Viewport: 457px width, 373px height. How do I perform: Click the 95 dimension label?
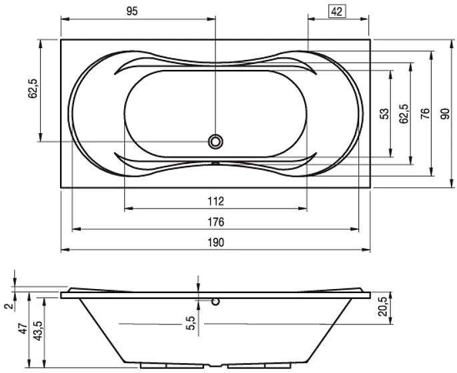tap(131, 11)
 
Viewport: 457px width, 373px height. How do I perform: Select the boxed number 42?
tap(337, 12)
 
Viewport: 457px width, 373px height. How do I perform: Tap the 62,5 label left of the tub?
tap(33, 89)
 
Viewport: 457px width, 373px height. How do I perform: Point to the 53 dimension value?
tap(385, 113)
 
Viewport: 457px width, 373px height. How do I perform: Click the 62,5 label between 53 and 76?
tap(404, 114)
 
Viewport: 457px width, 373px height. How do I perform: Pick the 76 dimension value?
tap(425, 113)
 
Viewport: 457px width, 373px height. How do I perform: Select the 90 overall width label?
tap(445, 113)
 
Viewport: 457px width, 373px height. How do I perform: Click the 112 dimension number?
tap(215, 201)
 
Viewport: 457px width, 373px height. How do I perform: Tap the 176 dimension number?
tap(215, 222)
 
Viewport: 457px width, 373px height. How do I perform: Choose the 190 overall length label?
tap(215, 242)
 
